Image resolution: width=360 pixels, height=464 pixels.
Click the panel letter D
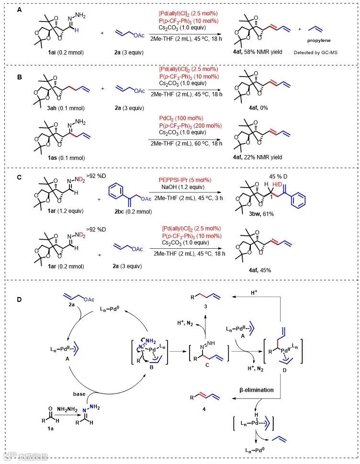[20, 300]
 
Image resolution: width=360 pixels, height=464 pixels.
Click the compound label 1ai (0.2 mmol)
[60, 52]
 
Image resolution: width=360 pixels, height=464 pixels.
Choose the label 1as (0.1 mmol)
[60, 157]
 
